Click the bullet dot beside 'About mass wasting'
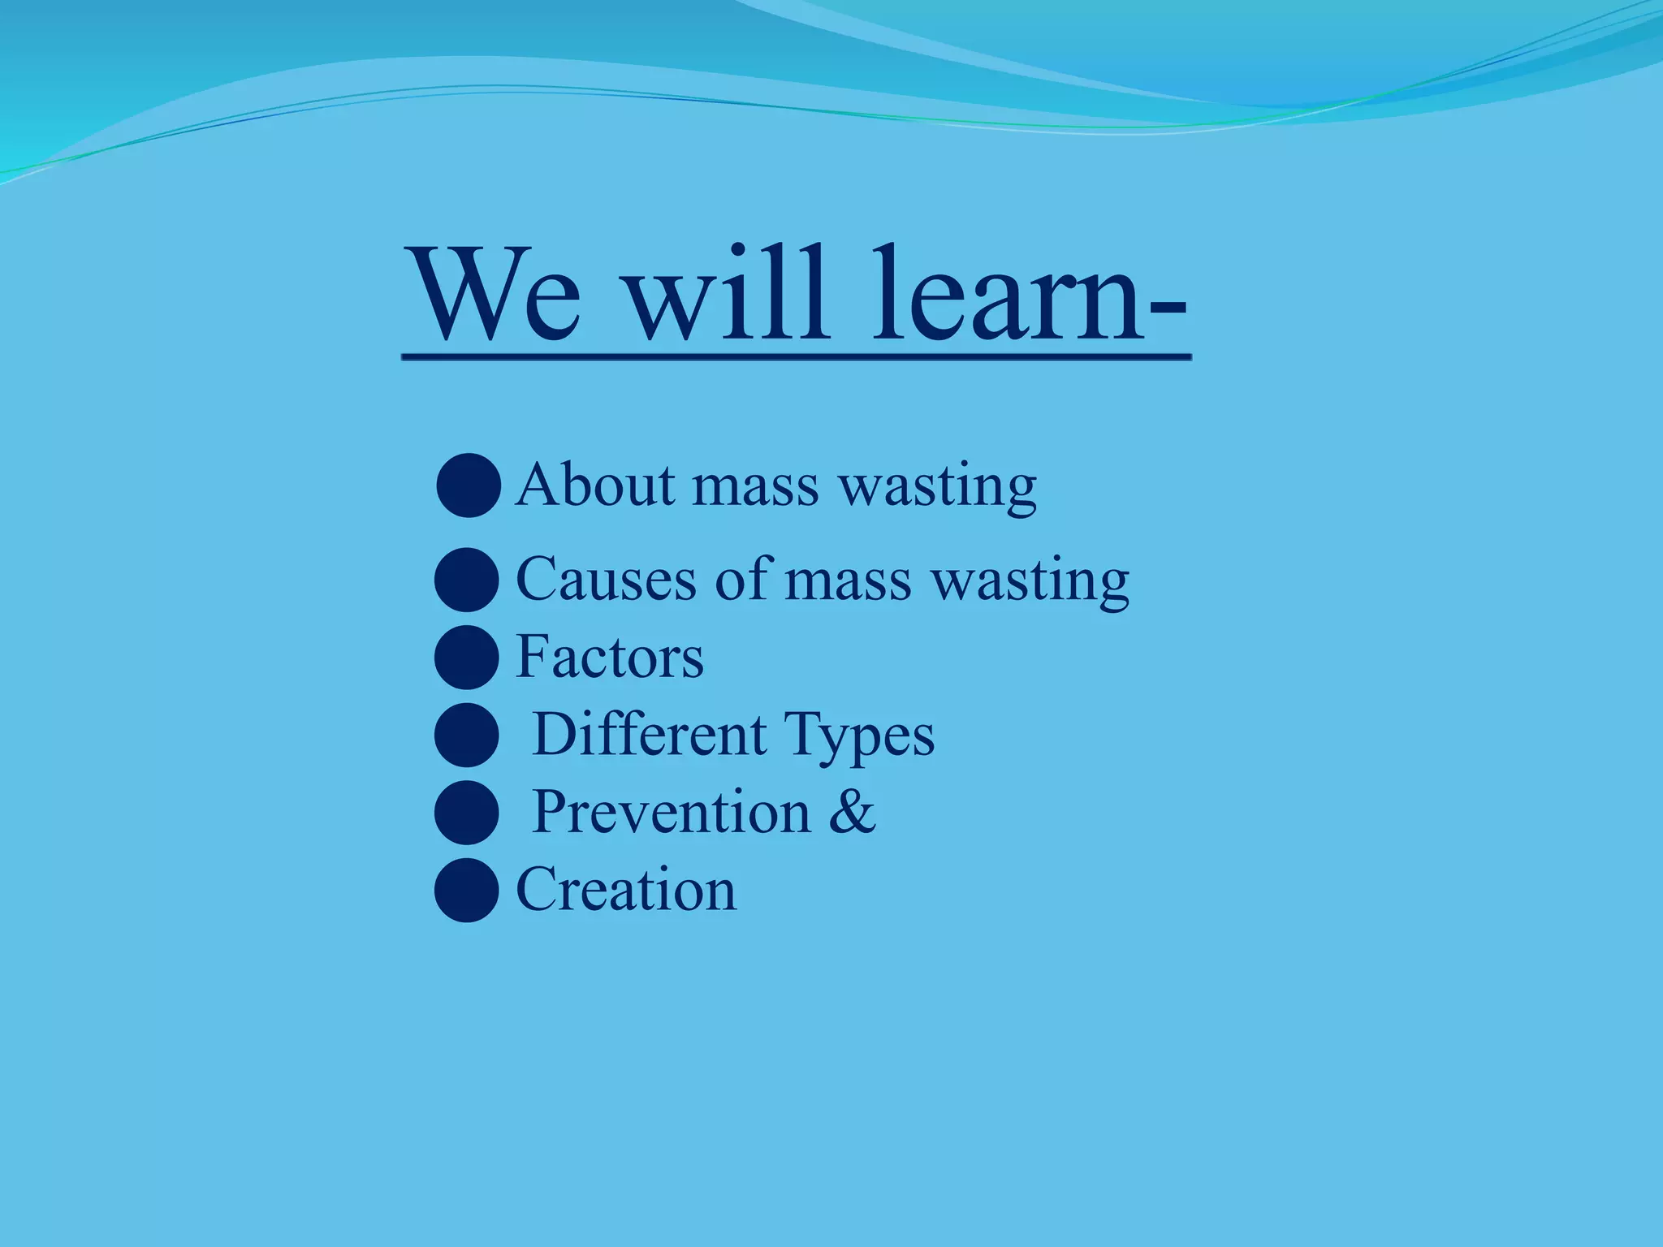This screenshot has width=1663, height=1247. point(469,485)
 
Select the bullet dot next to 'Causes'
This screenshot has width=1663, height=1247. point(467,580)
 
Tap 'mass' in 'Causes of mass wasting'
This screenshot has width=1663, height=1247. point(848,581)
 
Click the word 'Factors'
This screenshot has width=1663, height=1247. point(610,657)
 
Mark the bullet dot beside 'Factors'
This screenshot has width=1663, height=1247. point(467,657)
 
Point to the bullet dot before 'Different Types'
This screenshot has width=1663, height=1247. point(467,735)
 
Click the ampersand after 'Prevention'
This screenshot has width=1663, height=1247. point(852,811)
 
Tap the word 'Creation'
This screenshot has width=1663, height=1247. point(626,889)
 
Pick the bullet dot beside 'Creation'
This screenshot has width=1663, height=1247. point(467,890)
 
